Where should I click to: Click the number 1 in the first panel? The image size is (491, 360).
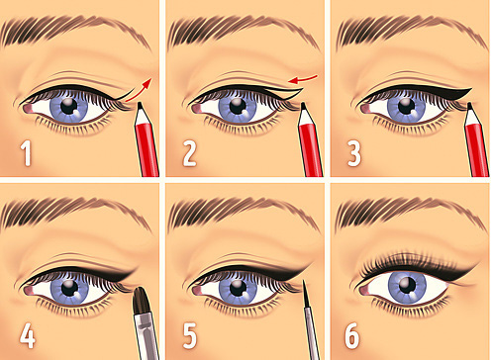(x=26, y=153)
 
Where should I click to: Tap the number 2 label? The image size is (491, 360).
(x=189, y=153)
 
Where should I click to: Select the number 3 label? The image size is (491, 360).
(x=353, y=153)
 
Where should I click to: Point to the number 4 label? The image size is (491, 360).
(x=28, y=336)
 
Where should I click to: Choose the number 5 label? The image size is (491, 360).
(x=190, y=336)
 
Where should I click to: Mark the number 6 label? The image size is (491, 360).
(x=351, y=336)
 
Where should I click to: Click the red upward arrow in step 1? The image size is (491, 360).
(x=140, y=90)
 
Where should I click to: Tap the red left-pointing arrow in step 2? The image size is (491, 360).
(x=302, y=79)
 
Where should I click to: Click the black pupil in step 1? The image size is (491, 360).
(x=69, y=106)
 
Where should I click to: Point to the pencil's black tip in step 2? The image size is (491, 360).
(x=303, y=106)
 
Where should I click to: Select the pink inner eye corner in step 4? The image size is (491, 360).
(x=29, y=291)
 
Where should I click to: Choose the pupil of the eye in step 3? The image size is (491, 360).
(x=406, y=106)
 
